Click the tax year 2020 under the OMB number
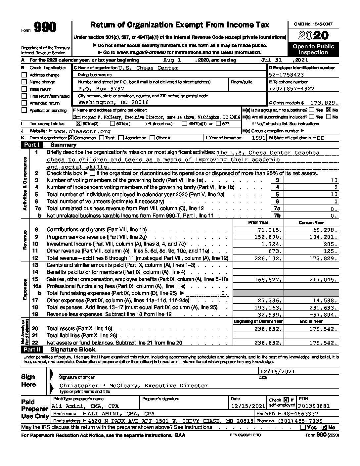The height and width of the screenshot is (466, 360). click(313, 35)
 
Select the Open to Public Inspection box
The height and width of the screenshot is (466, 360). click(313, 49)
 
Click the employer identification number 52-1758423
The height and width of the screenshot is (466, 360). click(287, 75)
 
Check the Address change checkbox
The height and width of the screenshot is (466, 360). click(24, 75)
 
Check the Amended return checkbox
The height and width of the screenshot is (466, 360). click(24, 103)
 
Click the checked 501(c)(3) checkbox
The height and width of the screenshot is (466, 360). click(78, 123)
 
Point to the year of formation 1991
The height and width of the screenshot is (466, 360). click(258, 138)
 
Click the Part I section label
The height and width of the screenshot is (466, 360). click(32, 145)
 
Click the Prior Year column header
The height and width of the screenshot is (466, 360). click(258, 222)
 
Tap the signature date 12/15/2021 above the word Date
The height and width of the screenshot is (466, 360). click(277, 372)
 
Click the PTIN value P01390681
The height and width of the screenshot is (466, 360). click(314, 406)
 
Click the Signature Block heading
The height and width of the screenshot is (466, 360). click(73, 349)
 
